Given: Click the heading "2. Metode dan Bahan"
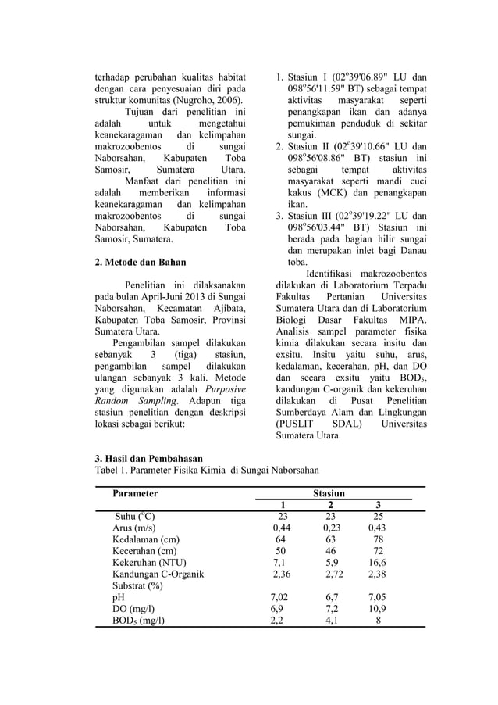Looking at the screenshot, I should click(141, 262).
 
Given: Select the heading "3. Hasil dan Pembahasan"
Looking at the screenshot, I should click(148, 458).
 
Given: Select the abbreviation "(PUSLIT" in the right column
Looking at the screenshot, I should click(292, 423).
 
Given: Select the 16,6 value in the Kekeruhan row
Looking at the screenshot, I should click(377, 561).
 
